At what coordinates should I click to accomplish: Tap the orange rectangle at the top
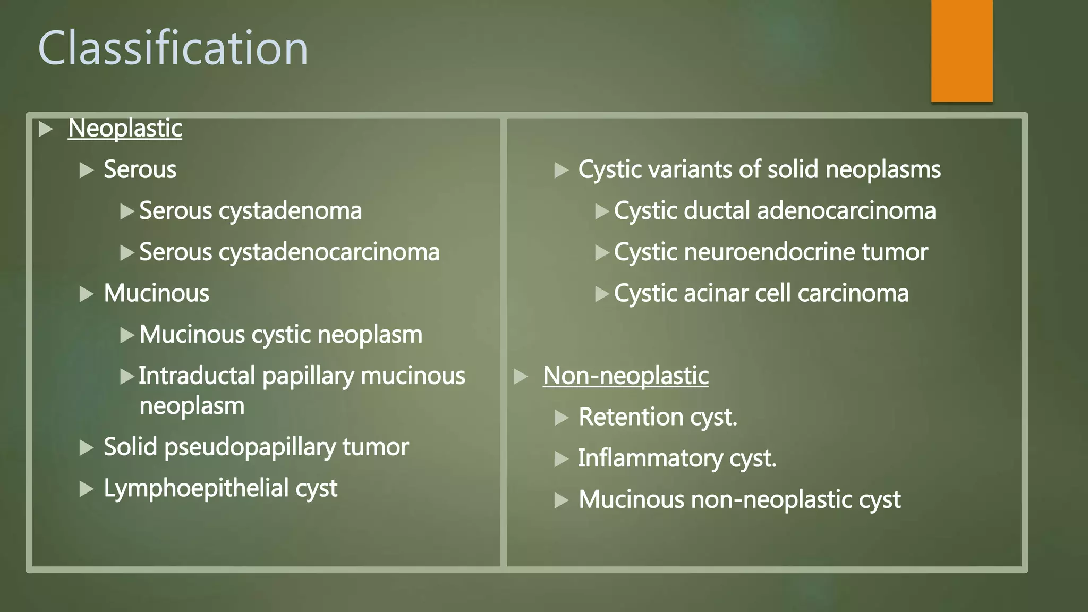(962, 50)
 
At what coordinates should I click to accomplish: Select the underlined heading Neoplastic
(125, 129)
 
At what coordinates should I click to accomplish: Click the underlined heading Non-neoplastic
(625, 376)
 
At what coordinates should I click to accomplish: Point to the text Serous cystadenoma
(250, 211)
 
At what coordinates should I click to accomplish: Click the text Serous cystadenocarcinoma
(289, 252)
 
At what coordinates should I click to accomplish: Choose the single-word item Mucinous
(156, 293)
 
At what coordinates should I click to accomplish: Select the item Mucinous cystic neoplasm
(280, 335)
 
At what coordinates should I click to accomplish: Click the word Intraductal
(197, 376)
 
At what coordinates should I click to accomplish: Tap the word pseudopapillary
(250, 447)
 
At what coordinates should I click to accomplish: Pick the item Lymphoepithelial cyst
(220, 488)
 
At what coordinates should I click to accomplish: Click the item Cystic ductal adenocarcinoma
(775, 211)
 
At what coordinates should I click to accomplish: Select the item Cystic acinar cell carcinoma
(761, 293)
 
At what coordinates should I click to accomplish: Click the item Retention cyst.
(658, 417)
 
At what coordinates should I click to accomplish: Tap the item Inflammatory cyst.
(677, 458)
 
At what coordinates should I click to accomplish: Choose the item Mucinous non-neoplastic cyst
(739, 500)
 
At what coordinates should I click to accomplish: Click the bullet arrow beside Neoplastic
(46, 129)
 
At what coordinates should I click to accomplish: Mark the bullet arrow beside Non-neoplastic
(521, 376)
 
